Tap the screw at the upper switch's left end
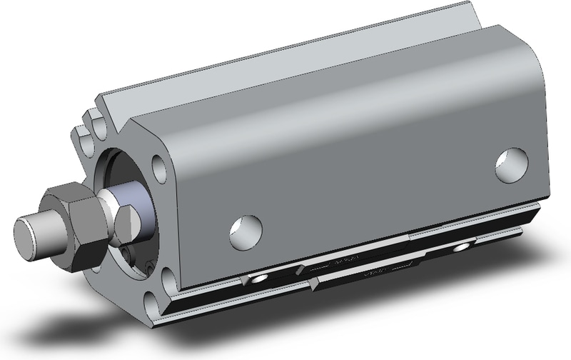pyautogui.click(x=258, y=276)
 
